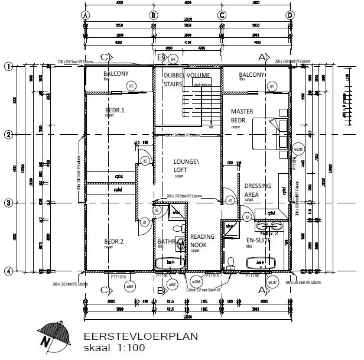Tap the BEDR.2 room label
tap(114, 241)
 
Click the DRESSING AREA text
tap(258, 190)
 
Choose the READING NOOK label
tap(202, 241)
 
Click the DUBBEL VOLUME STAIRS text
tap(183, 80)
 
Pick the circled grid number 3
tap(8, 203)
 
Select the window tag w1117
tap(273, 282)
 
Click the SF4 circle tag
tap(173, 60)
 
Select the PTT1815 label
tap(119, 276)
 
